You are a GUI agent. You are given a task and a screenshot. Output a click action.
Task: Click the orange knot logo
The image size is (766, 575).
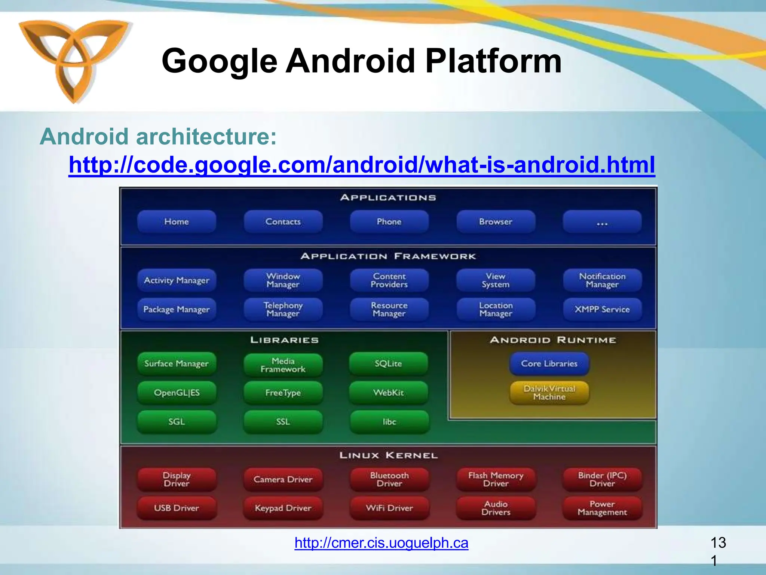73,60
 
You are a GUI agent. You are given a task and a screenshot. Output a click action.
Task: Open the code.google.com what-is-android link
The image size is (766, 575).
362,165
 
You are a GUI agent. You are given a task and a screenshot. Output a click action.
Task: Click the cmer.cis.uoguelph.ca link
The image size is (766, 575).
381,543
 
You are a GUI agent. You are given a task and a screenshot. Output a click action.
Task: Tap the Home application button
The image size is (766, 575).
177,222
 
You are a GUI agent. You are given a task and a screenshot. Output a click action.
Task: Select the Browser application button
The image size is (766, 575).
496,222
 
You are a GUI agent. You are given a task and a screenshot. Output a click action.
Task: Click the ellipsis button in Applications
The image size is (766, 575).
602,222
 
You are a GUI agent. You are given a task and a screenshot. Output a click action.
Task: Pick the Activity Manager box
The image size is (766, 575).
177,280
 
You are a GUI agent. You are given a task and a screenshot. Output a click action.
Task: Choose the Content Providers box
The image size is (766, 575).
389,280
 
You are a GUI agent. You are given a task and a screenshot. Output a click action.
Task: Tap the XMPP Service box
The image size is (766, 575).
602,310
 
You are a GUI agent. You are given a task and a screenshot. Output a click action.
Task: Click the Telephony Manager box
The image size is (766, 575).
283,310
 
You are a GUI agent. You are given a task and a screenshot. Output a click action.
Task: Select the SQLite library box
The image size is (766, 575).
388,363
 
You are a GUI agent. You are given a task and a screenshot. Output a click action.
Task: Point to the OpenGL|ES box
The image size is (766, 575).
177,393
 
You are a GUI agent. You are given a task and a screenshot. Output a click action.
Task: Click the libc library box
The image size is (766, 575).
389,422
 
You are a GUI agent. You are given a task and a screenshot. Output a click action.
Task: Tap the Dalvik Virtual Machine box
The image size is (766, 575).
549,393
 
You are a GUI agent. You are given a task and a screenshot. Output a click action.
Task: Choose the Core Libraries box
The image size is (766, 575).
549,363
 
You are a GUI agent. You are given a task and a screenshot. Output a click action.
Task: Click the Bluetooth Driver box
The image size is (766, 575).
389,480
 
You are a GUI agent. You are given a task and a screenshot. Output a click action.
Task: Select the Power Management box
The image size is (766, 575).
602,508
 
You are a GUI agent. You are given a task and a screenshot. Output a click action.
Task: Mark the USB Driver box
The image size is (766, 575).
177,508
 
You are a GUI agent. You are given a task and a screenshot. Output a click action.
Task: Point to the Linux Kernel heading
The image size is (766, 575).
388,456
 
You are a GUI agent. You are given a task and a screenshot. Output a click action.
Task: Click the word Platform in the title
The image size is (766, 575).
493,61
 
